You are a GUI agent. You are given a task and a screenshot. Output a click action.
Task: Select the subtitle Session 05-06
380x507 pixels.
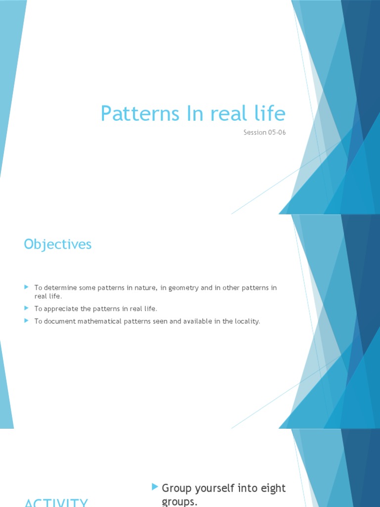click(265, 133)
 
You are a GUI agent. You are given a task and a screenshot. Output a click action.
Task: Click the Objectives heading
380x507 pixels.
click(57, 244)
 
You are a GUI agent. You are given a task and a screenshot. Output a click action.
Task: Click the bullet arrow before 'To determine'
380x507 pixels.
click(27, 288)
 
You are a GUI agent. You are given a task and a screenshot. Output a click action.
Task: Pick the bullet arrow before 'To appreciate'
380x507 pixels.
click(27, 308)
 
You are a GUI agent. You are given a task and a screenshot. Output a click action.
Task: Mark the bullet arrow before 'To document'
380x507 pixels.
click(27, 321)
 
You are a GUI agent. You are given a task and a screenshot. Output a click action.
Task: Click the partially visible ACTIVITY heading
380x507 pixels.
click(56, 503)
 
